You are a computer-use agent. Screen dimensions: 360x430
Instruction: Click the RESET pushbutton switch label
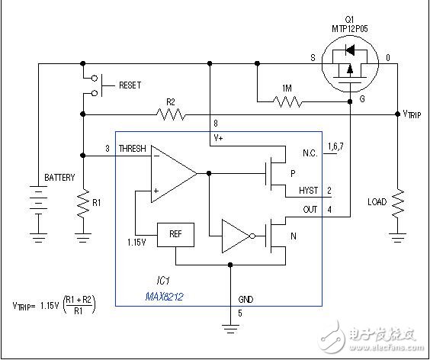point(130,86)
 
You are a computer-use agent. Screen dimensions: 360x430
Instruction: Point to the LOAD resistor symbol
point(396,203)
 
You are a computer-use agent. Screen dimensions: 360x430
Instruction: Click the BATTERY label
point(59,178)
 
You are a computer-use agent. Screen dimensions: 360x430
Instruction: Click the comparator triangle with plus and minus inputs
point(172,174)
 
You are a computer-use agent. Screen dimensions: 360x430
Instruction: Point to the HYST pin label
point(308,190)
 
